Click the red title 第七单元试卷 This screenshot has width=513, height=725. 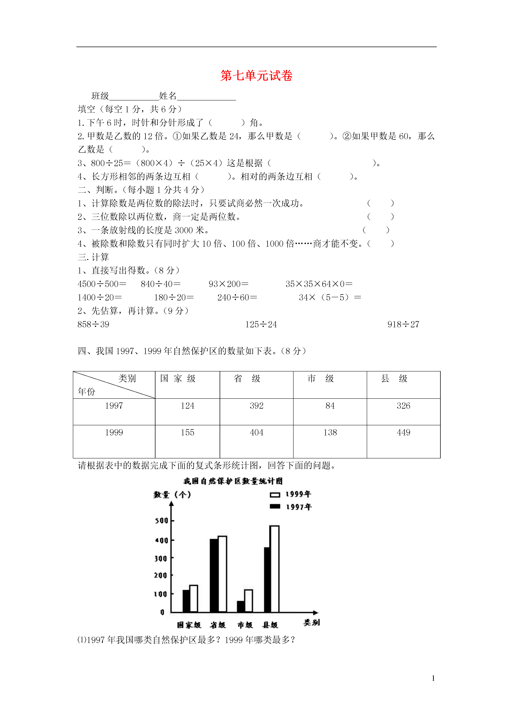tap(256, 76)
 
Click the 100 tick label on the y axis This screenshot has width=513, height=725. tap(161, 594)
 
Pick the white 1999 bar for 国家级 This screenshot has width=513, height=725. tap(193, 598)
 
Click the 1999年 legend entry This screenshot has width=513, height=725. tap(291, 494)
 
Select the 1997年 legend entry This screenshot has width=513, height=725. tap(291, 507)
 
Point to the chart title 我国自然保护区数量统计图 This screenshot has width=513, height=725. tap(233, 481)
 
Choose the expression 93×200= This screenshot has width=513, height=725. tap(228, 284)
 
